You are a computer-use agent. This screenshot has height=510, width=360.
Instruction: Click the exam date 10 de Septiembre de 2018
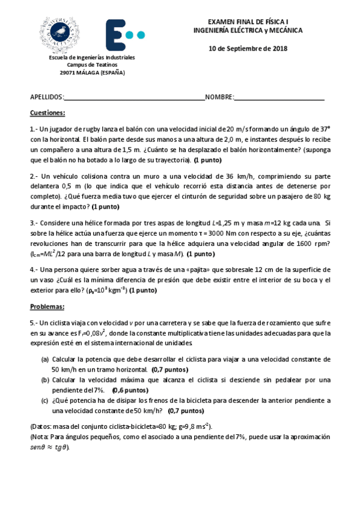tap(248, 48)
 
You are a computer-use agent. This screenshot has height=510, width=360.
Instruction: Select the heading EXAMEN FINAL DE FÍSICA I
tap(248, 21)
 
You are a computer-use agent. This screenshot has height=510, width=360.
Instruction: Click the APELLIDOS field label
tap(46, 97)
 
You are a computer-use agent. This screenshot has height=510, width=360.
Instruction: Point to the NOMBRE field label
tap(219, 97)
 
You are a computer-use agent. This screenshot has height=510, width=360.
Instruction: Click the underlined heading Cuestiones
tap(47, 113)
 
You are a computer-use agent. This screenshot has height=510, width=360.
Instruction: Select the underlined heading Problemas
tap(47, 306)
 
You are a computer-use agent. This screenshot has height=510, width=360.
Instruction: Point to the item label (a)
tap(45, 359)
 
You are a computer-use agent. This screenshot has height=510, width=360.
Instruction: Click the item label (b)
tap(45, 380)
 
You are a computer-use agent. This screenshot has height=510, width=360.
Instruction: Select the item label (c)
tap(45, 401)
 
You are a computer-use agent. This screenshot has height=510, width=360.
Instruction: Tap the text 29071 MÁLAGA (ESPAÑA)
tap(91, 73)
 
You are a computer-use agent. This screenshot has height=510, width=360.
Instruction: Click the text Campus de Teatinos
tap(92, 65)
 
